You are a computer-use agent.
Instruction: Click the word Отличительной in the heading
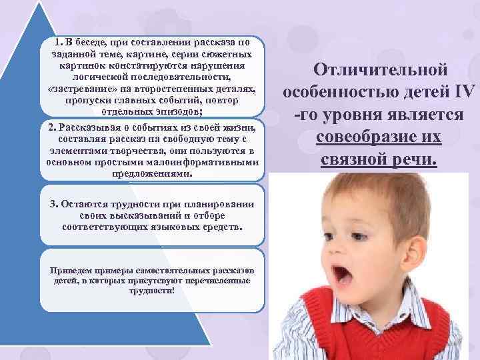coord(380,70)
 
